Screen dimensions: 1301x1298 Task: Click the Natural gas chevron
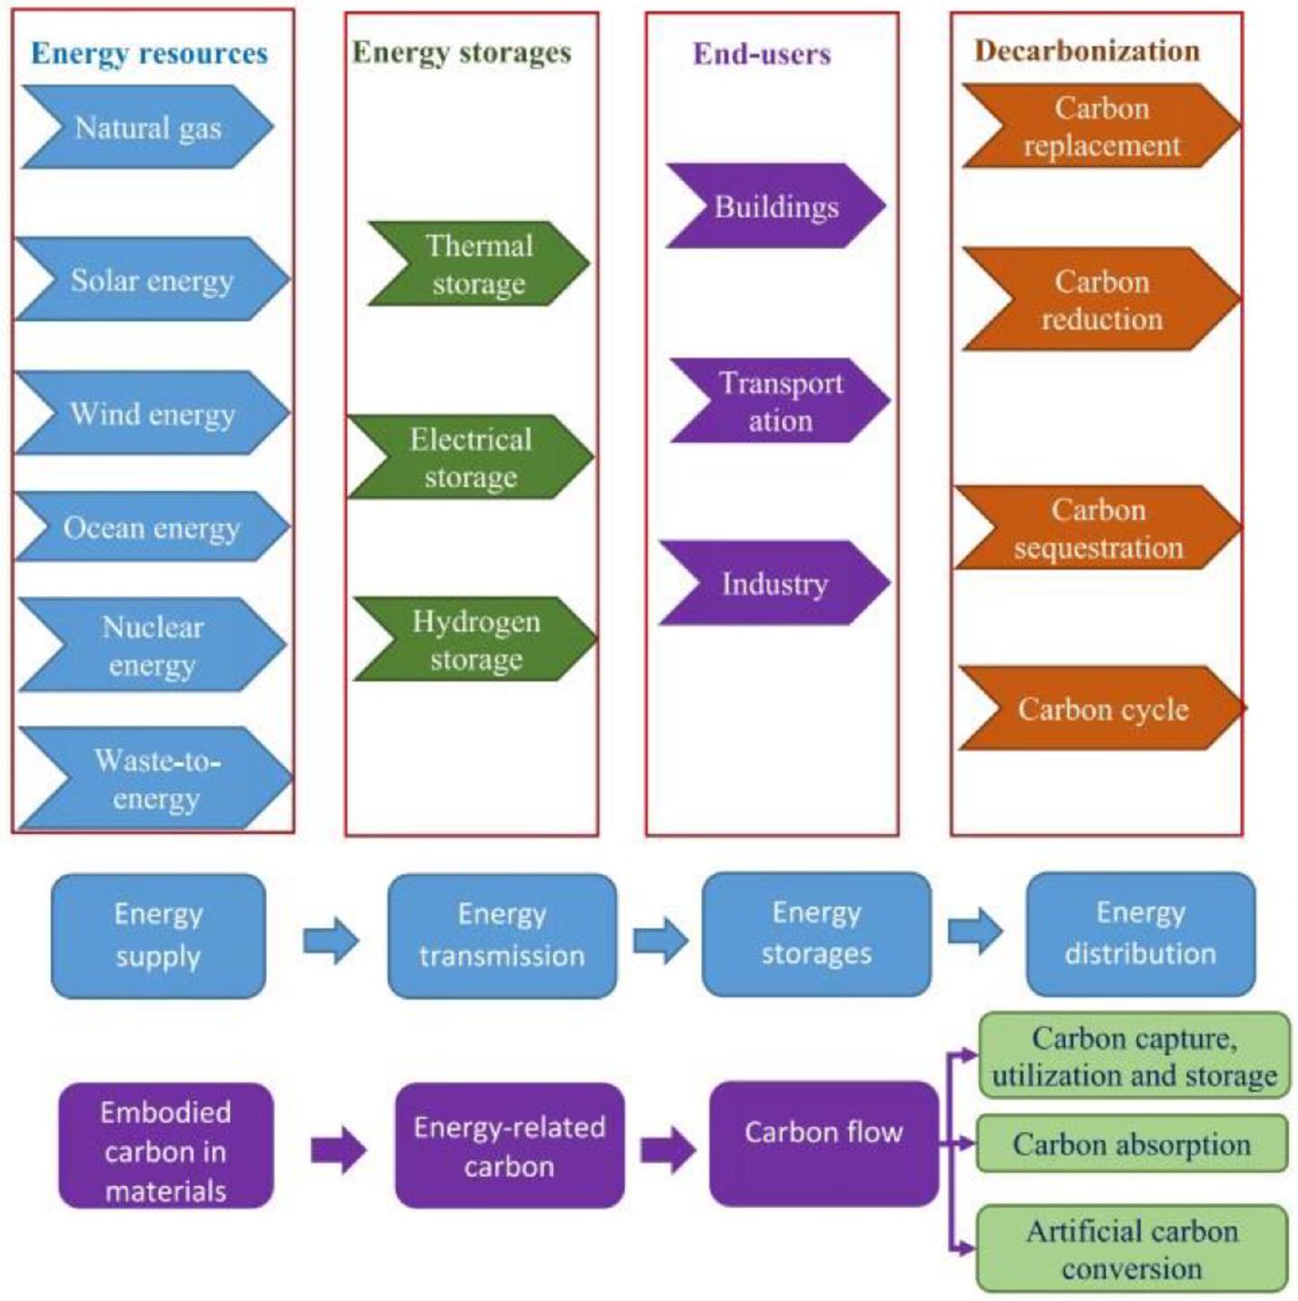[147, 127]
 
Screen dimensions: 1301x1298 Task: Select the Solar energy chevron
[152, 279]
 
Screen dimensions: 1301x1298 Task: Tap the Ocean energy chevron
[152, 527]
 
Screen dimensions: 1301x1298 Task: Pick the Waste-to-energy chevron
[155, 778]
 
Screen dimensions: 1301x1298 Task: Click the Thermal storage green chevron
[478, 264]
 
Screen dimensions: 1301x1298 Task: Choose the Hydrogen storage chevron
[476, 639]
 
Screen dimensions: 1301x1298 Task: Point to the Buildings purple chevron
[776, 207]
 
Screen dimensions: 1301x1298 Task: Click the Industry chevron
[774, 584]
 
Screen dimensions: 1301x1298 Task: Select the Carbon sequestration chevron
[1098, 528]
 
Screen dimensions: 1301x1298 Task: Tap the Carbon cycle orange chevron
[1102, 708]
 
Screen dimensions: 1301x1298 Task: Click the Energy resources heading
[149, 53]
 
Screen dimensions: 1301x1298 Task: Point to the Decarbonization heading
[1087, 50]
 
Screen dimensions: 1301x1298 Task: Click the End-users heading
[761, 54]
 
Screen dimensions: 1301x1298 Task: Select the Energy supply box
[158, 936]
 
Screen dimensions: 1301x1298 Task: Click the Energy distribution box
[1140, 934]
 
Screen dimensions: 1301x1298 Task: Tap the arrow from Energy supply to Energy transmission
[330, 940]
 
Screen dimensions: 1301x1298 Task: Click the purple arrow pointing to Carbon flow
[667, 1148]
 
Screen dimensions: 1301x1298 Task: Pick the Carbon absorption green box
[1131, 1144]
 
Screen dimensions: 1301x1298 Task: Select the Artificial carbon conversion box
[1131, 1249]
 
